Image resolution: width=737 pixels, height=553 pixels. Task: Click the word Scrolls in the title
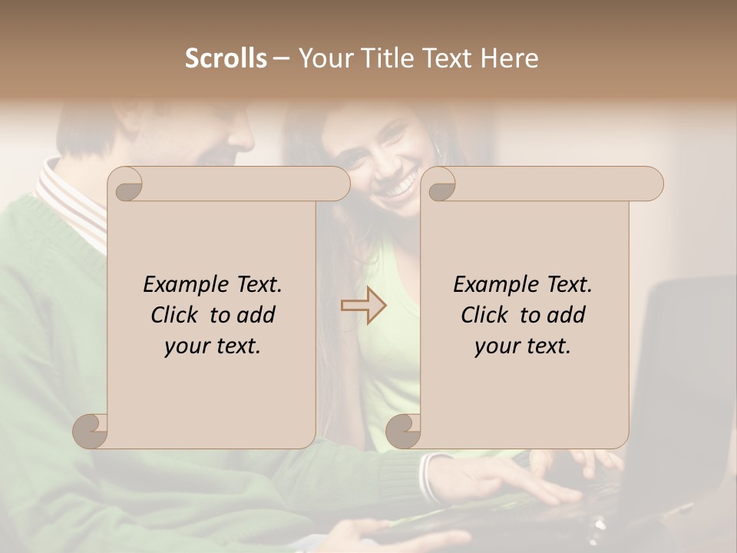click(226, 58)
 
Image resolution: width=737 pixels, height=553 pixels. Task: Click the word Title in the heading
click(382, 58)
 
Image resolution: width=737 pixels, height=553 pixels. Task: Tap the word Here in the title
click(510, 58)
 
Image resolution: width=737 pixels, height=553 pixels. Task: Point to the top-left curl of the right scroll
click(440, 185)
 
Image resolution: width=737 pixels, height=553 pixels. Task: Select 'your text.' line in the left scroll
click(213, 346)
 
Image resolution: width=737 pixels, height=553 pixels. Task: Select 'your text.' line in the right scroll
click(523, 346)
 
